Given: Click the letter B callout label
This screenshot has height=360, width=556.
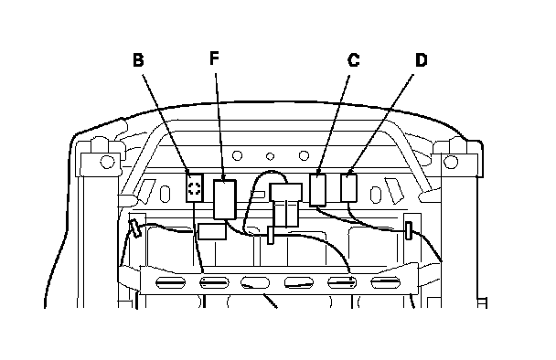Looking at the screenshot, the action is coord(138,60).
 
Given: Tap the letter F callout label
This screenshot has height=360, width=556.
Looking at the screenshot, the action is coord(214,58).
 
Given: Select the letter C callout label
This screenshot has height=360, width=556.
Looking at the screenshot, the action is coord(354,60).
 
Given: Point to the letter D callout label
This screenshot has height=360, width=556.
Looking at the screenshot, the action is coord(422,60).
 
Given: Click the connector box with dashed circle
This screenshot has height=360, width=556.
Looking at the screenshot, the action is coord(195,188).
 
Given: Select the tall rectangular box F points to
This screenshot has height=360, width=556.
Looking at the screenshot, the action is coord(225,199).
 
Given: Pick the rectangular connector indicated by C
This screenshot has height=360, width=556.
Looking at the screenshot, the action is coord(317,190).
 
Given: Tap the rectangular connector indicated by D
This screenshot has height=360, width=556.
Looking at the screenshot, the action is coord(349,188).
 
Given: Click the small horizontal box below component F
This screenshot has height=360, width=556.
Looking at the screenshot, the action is coord(212,231).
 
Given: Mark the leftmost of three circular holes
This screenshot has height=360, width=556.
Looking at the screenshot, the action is coord(237,155).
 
